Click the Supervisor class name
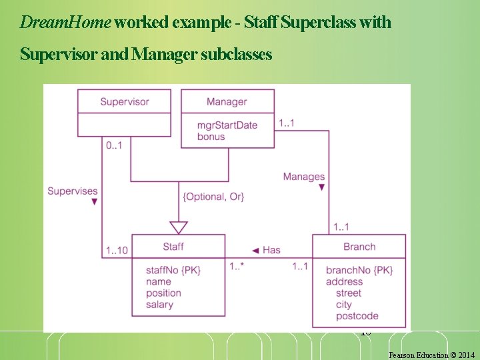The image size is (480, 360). coord(125,101)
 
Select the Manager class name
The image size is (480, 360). coord(227,101)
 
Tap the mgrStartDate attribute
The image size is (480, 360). coord(227,125)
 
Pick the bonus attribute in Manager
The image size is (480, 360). coord(211,137)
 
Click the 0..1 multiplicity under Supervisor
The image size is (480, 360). coord(114,145)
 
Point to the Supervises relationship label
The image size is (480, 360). coord(72,191)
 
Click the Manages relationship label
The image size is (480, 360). coord(303,177)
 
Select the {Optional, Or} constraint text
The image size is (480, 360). coord(213,196)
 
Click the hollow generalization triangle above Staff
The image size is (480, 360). coord(178,227)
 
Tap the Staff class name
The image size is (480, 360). coord(173,247)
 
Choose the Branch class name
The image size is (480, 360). coord(359,247)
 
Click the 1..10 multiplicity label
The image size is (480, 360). coord(117,251)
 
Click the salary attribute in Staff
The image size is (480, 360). coord(159,305)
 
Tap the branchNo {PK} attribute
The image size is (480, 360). coord(359,270)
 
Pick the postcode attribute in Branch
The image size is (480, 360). coord(357,316)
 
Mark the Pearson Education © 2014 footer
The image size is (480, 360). coord(431,355)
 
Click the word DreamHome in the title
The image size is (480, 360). coord(65,23)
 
